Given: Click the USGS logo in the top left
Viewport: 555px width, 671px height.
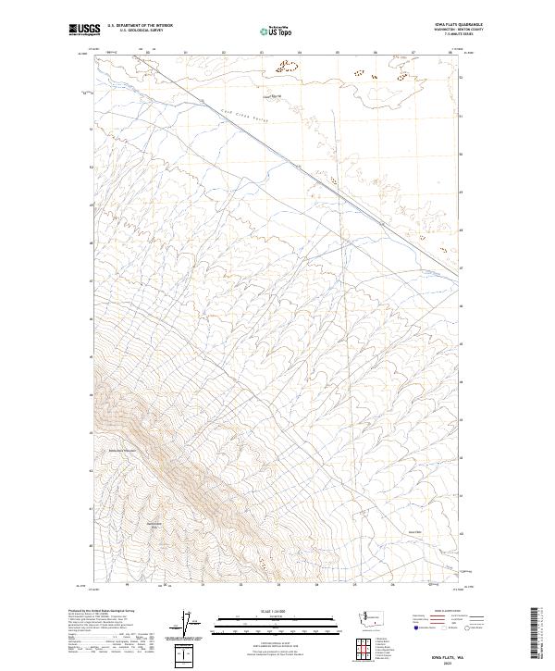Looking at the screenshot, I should pos(84,30).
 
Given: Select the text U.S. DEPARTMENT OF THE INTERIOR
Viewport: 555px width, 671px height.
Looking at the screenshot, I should pos(141,25).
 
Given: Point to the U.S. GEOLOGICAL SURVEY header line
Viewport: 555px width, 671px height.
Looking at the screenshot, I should pos(141,30).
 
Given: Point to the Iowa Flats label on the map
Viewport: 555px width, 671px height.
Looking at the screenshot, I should pos(413,531).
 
